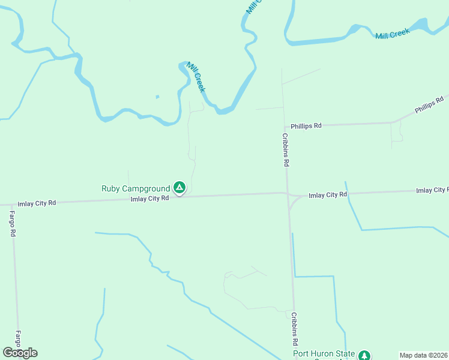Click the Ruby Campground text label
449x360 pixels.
pos(136,188)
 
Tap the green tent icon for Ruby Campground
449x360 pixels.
pos(179,188)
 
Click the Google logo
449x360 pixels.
pos(20,353)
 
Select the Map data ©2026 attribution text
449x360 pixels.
pos(424,355)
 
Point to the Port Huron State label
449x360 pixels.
pos(324,353)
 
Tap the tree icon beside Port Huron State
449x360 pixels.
pos(364,356)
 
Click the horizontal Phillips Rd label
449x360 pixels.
pos(306,126)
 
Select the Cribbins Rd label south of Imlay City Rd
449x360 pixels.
pos(295,329)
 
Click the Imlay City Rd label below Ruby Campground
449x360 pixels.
pos(150,199)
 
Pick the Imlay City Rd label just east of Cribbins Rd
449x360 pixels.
pos(328,195)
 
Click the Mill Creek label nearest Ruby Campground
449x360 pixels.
pos(196,77)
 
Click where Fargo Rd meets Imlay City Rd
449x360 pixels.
pos(10,205)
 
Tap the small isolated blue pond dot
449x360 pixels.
pos(157,97)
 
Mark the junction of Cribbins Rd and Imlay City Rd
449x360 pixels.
pos(288,194)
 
